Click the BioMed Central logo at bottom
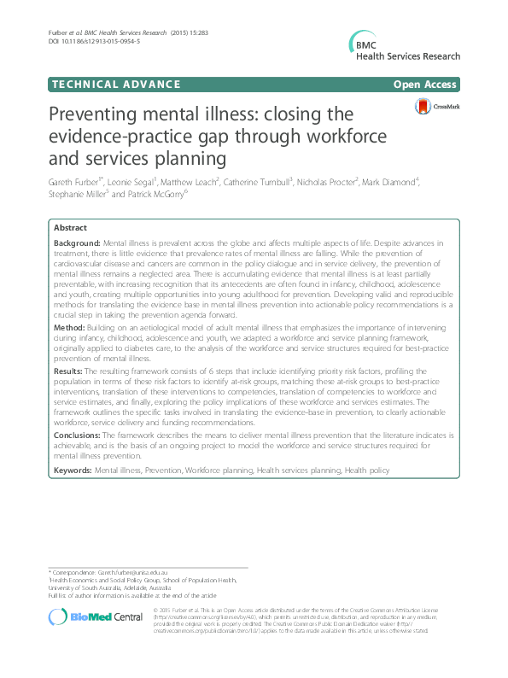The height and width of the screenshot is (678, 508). (83, 617)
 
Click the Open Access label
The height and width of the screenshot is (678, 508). (424, 84)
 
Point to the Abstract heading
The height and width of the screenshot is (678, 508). (70, 229)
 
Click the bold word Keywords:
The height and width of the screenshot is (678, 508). (73, 470)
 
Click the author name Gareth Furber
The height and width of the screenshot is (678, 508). (74, 183)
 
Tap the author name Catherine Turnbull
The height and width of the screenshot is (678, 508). (254, 183)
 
